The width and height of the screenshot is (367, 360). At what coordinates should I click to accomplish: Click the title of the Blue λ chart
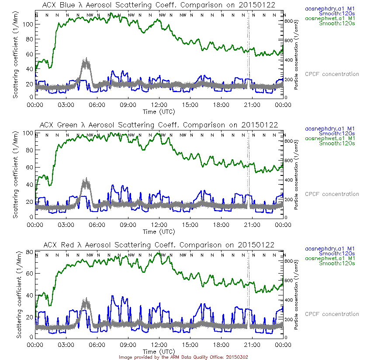[x=159, y=5]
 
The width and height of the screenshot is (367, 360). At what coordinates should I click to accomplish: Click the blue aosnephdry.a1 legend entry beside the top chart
[x=329, y=8]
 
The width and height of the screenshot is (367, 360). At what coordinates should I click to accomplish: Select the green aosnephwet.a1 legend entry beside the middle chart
[x=329, y=138]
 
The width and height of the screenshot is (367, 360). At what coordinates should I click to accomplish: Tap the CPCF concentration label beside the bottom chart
[x=332, y=314]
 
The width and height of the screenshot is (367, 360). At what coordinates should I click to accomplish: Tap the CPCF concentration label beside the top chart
[x=332, y=74]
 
